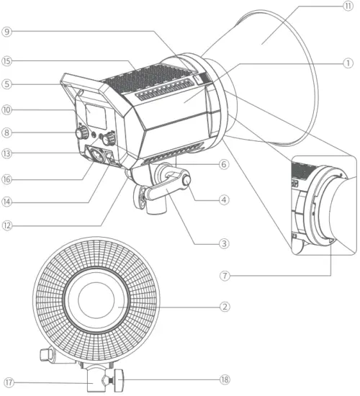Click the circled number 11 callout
pyautogui.click(x=348, y=6)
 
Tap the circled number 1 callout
pyautogui.click(x=348, y=63)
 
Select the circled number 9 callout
pyautogui.click(x=6, y=32)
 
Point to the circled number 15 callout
pyautogui.click(x=6, y=61)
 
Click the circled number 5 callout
pyautogui.click(x=6, y=84)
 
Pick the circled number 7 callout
pyautogui.click(x=225, y=276)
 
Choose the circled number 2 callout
pyautogui.click(x=225, y=307)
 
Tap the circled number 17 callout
pyautogui.click(x=9, y=382)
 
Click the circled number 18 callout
pyautogui.click(x=225, y=379)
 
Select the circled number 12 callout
pyautogui.click(x=6, y=225)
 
